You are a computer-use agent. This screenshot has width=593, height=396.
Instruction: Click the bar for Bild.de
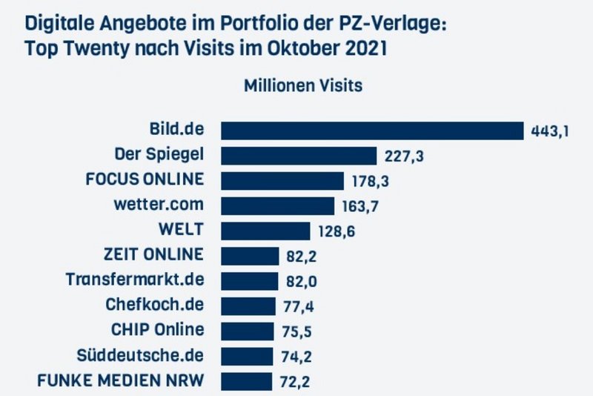(x=372, y=131)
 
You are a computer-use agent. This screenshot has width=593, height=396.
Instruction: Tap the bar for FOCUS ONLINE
(x=283, y=181)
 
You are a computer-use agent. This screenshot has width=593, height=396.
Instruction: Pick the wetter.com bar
(x=278, y=205)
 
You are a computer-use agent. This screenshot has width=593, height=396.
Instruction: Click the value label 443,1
(x=550, y=131)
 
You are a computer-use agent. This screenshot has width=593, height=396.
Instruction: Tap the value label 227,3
(x=403, y=156)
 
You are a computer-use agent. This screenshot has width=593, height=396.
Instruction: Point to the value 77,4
(x=297, y=306)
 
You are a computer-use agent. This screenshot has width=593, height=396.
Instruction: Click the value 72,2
(x=294, y=382)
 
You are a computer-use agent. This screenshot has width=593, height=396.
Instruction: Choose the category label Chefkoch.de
(x=155, y=305)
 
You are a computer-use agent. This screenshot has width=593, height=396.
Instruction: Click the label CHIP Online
(x=154, y=330)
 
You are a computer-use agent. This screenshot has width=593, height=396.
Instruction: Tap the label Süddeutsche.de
(x=140, y=355)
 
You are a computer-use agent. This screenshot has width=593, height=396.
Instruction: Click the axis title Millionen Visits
(x=303, y=85)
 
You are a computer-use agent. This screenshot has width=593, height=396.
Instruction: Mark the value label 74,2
(x=295, y=356)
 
